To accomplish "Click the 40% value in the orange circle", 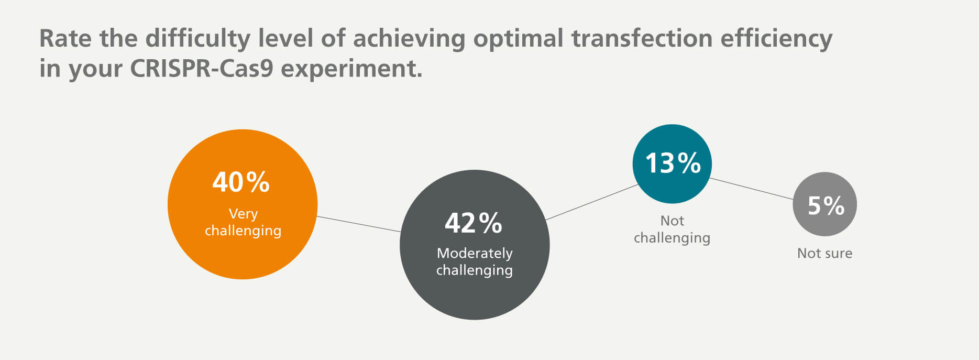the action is pyautogui.click(x=241, y=182).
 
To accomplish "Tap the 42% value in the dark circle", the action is pyautogui.click(x=474, y=223).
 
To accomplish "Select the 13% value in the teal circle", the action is pyautogui.click(x=673, y=163).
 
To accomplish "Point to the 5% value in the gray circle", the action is pyautogui.click(x=826, y=205).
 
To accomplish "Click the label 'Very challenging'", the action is pyautogui.click(x=243, y=222).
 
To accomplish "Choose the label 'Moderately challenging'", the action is pyautogui.click(x=475, y=261).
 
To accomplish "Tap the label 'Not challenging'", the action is pyautogui.click(x=672, y=229).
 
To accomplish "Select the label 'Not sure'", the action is pyautogui.click(x=824, y=253).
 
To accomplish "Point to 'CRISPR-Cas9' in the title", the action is pyautogui.click(x=201, y=68).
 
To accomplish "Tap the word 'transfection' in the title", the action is pyautogui.click(x=642, y=38).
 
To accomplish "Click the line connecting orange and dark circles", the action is pyautogui.click(x=359, y=224).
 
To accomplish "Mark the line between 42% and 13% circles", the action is pyautogui.click(x=591, y=202).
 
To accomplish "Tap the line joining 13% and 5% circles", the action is pyautogui.click(x=752, y=189).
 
